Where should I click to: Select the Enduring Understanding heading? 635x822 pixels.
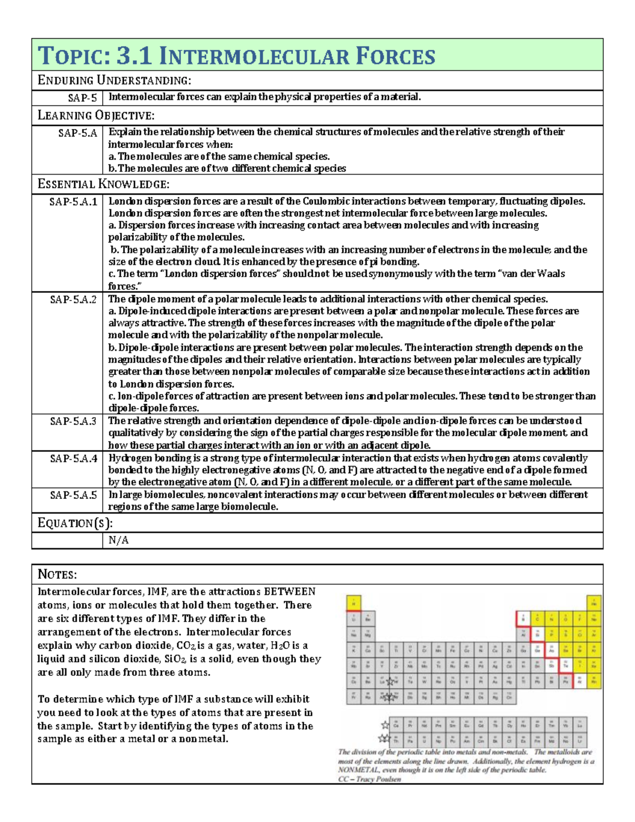114,80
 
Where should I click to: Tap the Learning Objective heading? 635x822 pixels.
96,115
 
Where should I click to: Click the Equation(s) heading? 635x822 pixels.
75,523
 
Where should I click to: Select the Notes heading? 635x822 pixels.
57,574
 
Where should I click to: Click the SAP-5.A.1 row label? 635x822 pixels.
74,202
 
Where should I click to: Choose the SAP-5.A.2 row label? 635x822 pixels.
74,299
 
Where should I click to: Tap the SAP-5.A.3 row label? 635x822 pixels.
74,421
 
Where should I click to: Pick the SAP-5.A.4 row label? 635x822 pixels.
74,458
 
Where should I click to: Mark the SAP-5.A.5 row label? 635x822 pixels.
74,495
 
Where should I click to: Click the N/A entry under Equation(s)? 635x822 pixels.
119,540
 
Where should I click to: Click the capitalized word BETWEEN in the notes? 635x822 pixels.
289,591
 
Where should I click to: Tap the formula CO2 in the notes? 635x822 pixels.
185,646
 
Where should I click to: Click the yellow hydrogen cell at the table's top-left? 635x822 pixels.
353,602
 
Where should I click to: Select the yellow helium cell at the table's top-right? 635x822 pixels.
594,602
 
